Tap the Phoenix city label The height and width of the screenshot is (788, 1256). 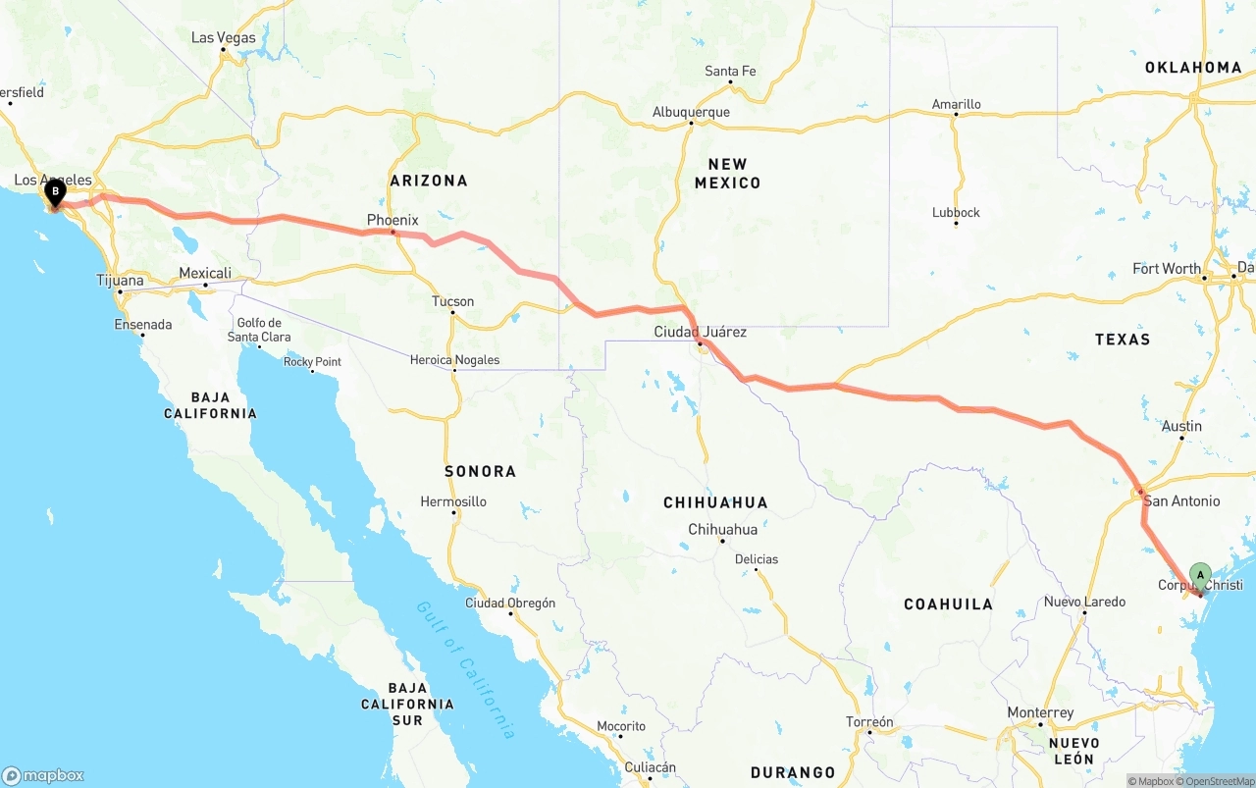392,220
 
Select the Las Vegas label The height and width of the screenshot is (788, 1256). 223,38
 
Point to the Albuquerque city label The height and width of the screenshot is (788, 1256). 691,112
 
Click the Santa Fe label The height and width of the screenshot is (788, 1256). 730,71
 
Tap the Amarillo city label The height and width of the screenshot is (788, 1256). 956,104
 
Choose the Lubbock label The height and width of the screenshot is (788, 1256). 956,212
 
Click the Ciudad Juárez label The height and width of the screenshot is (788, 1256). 700,332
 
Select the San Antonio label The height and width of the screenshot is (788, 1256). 1181,500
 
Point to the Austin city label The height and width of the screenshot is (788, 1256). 1181,426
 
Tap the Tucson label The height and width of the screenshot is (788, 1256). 452,301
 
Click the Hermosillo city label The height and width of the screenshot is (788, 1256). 453,501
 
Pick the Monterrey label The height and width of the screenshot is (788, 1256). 1040,712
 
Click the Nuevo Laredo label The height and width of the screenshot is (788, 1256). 1084,602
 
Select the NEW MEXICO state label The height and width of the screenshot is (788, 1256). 727,174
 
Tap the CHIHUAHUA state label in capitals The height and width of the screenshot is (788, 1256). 715,502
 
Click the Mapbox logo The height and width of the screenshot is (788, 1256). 43,775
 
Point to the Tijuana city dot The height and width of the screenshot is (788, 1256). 120,291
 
